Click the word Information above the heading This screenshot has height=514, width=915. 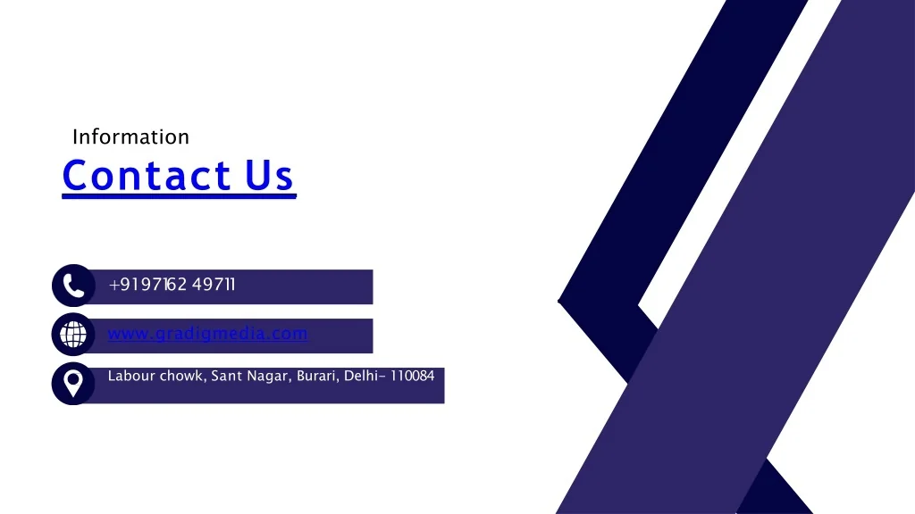click(130, 137)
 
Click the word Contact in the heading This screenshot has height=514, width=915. click(146, 175)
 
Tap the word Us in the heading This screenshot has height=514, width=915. click(269, 176)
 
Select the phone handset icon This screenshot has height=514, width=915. click(73, 286)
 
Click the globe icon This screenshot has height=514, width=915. click(73, 335)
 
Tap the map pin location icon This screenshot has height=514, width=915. click(73, 384)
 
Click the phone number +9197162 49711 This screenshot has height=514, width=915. click(172, 285)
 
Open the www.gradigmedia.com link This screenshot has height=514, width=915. click(207, 334)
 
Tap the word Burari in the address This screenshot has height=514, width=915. click(318, 376)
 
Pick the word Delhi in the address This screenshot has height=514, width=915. click(361, 376)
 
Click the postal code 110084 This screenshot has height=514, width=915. click(412, 376)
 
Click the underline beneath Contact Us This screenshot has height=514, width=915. click(179, 196)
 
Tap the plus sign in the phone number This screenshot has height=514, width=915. click(113, 285)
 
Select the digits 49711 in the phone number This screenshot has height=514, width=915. click(214, 285)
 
